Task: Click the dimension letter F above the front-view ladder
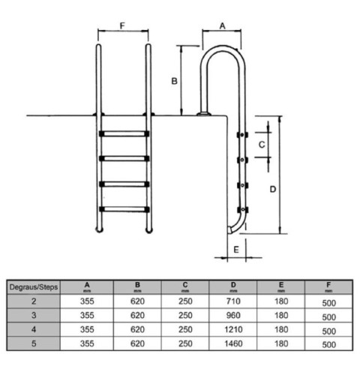click(123, 25)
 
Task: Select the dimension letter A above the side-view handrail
click(222, 25)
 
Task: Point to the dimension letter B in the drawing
click(174, 80)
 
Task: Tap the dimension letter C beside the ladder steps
click(262, 142)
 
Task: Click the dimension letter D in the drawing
click(273, 188)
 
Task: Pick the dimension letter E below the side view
click(237, 249)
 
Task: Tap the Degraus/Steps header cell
click(33, 286)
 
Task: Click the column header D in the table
click(232, 286)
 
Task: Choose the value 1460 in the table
click(232, 343)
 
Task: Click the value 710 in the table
click(232, 301)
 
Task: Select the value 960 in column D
click(232, 315)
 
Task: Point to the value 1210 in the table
click(232, 329)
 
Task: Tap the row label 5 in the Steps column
click(33, 343)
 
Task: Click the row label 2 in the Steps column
click(33, 301)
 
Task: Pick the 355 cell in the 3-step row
click(87, 315)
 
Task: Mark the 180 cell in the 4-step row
click(280, 329)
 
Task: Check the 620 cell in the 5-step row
click(136, 343)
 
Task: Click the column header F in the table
click(328, 286)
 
